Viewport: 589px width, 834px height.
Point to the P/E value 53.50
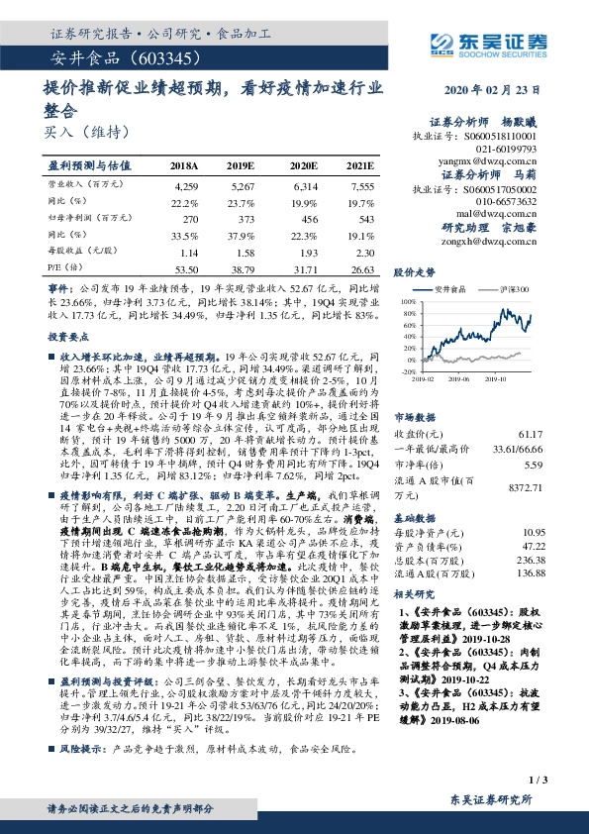point(185,268)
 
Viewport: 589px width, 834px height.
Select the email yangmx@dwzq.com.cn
point(475,158)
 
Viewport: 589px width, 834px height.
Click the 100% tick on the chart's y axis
point(408,298)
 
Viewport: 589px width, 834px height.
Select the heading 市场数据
point(416,417)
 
